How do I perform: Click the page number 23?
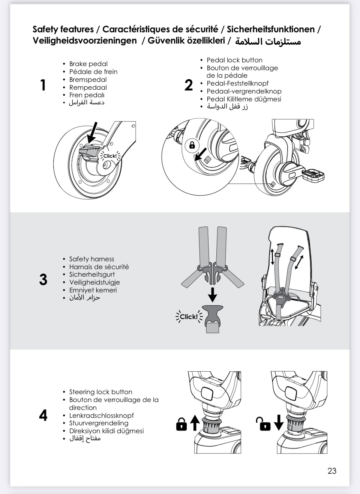click(x=332, y=471)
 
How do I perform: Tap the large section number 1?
click(x=43, y=85)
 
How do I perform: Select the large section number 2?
click(x=189, y=85)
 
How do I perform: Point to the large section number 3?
click(x=43, y=280)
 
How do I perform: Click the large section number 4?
click(x=43, y=416)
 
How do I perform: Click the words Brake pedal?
click(x=88, y=64)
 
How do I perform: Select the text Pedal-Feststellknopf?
click(x=237, y=83)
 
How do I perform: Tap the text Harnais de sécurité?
click(x=99, y=267)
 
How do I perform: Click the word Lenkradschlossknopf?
click(x=101, y=416)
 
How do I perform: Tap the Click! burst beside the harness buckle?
click(x=189, y=317)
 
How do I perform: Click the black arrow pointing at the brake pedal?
click(x=91, y=132)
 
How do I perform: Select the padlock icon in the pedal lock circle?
click(x=192, y=145)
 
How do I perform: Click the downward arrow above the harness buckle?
click(x=213, y=294)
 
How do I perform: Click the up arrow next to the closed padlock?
click(x=194, y=423)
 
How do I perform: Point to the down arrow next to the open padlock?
click(x=279, y=423)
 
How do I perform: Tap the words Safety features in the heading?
click(x=63, y=29)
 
